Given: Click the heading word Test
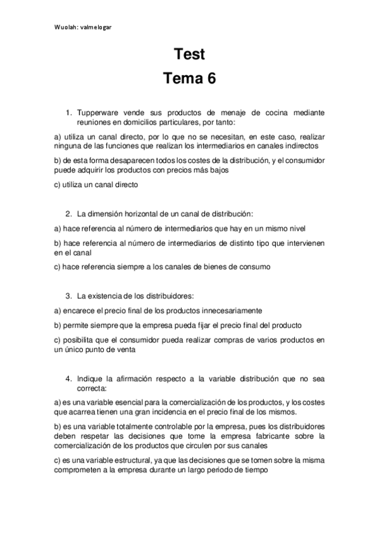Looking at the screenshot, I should click(x=189, y=54).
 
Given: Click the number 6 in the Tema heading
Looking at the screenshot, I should click(x=210, y=79).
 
